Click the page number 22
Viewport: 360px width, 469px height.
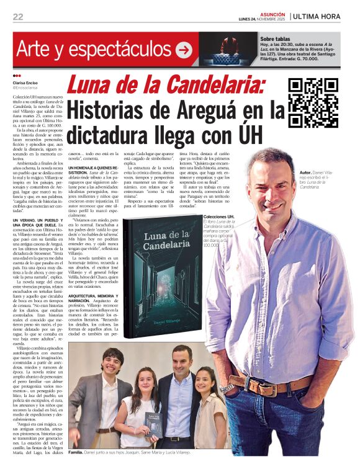(x=18, y=17)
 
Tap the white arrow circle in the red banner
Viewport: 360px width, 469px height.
(x=183, y=50)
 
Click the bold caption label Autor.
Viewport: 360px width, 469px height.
(x=305, y=171)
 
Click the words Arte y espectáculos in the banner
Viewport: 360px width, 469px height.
(x=94, y=50)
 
